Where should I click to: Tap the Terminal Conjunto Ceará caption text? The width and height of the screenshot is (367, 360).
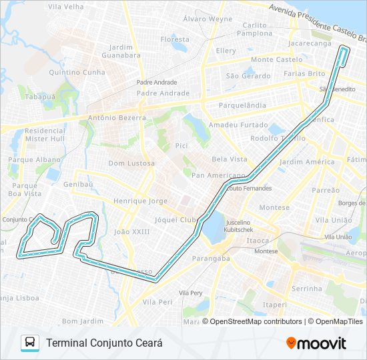click(x=104, y=343)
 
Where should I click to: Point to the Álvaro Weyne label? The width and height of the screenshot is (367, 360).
click(x=208, y=19)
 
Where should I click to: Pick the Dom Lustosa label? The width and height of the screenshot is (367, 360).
click(x=131, y=163)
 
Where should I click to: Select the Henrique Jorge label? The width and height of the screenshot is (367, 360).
click(x=139, y=201)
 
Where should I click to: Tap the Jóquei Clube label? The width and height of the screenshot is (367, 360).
click(x=173, y=219)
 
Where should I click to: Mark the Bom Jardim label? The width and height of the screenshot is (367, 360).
click(x=79, y=321)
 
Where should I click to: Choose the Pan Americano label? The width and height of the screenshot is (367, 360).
click(x=218, y=175)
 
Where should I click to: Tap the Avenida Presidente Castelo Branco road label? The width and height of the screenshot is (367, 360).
click(x=316, y=19)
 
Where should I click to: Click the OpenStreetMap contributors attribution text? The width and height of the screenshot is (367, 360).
click(x=255, y=321)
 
